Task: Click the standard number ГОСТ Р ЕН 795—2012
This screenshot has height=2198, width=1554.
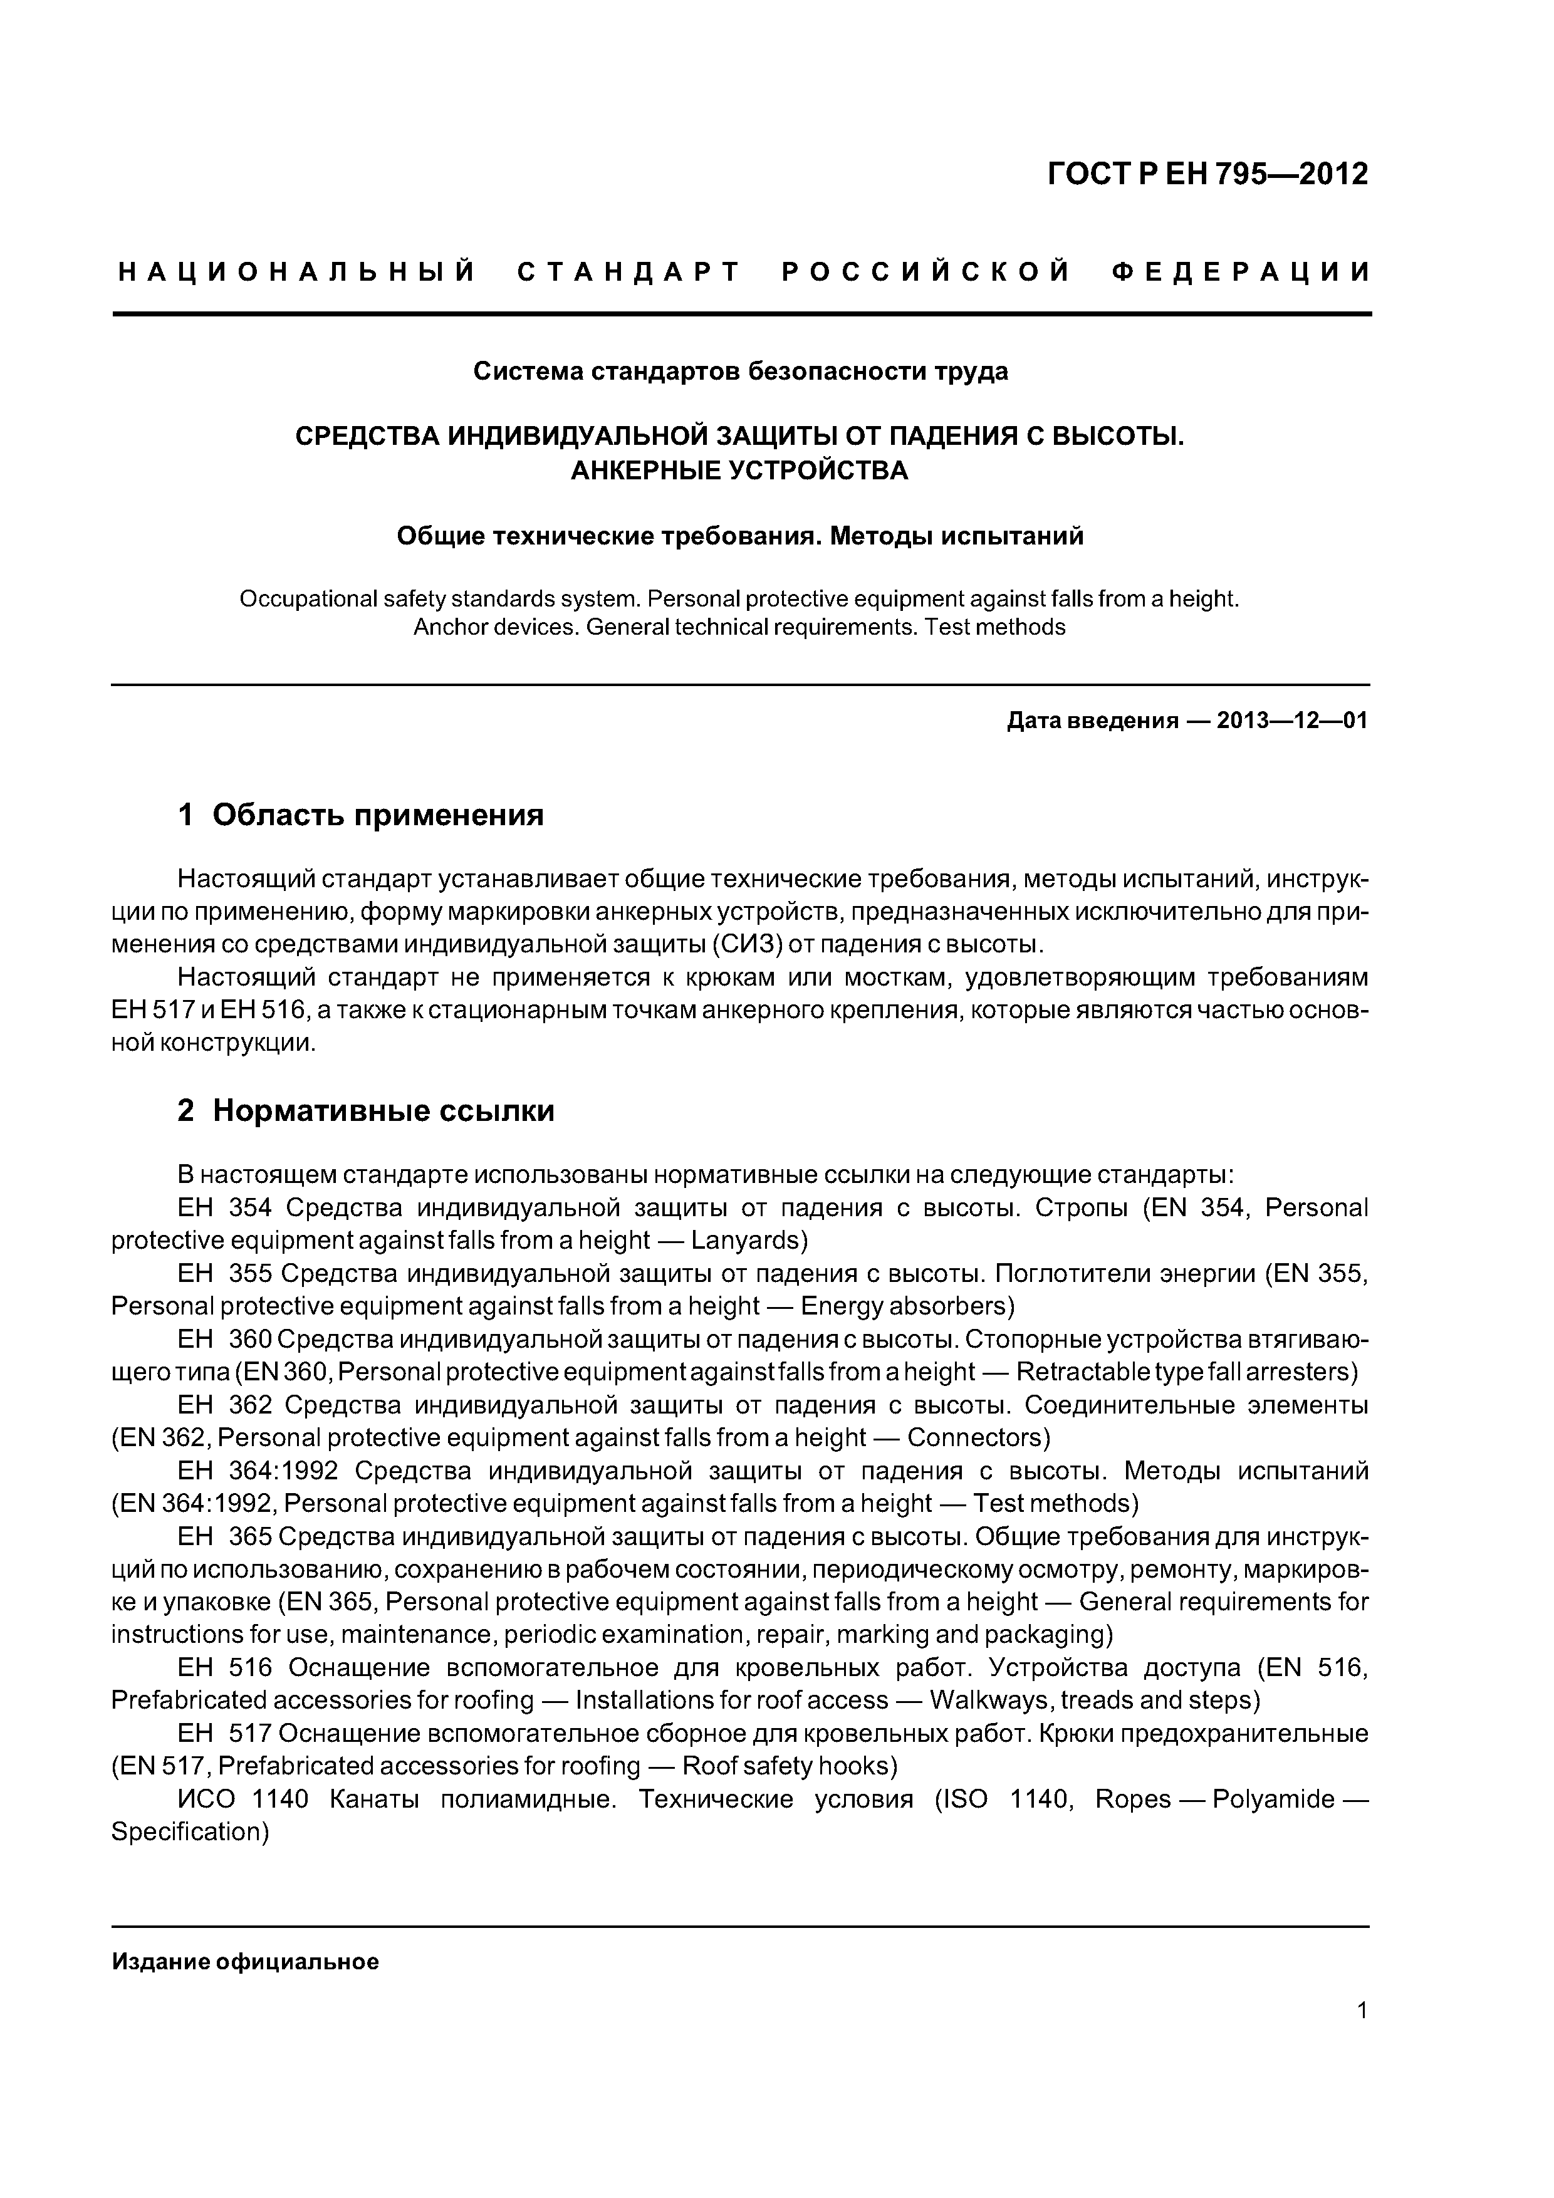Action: point(1207,174)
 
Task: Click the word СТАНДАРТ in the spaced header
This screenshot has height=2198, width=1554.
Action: point(629,273)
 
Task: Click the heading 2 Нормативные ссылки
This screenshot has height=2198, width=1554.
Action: point(366,1110)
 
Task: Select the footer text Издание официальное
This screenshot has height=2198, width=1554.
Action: point(245,1962)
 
